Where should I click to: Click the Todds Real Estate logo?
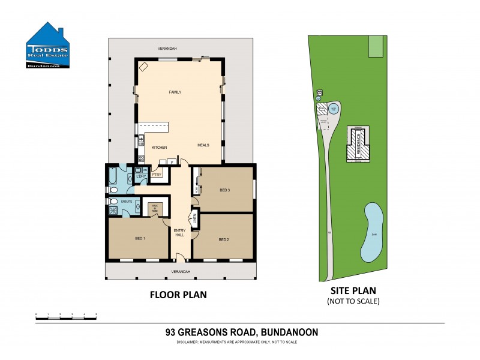48,46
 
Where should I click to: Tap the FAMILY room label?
175,92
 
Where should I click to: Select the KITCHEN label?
158,147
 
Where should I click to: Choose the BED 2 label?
224,239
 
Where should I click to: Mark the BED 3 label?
225,190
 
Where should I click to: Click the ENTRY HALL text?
179,232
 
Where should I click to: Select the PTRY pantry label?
157,175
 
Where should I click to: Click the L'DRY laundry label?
142,176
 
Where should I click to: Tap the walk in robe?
155,209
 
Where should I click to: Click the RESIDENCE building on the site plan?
359,145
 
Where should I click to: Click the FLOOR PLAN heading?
178,295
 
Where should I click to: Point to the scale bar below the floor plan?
66,314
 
